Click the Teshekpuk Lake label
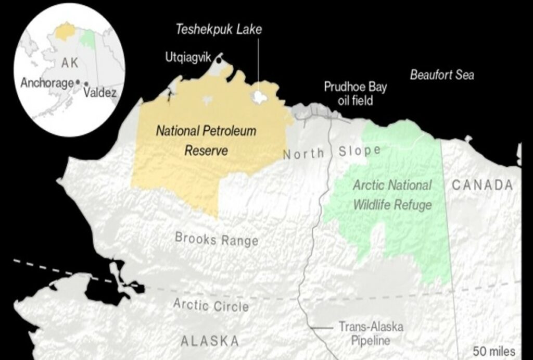point(218,29)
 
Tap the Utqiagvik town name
point(188,57)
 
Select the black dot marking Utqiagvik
point(219,60)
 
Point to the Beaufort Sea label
point(441,75)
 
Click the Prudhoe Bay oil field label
point(356,93)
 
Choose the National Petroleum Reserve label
point(206,140)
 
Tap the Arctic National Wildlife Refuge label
point(392,195)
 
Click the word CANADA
point(483,185)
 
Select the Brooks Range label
point(217,239)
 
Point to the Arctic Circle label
point(211,305)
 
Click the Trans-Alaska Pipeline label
point(371,333)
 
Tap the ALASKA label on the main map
point(210,341)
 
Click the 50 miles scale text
point(494,350)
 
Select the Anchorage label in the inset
point(47,83)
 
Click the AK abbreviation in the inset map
point(69,63)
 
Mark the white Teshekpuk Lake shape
point(259,97)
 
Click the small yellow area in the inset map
point(66,31)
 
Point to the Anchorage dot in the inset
point(78,82)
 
